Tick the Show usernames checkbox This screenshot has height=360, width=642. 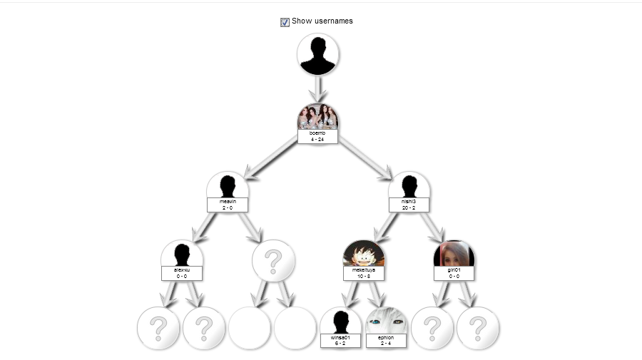tap(285, 22)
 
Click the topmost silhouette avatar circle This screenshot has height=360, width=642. tap(317, 54)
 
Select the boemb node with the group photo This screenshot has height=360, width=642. tap(317, 117)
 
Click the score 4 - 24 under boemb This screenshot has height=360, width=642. tap(317, 139)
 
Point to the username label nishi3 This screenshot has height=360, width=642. tap(409, 202)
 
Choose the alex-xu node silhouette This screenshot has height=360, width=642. tap(182, 254)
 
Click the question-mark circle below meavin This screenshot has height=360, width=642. tap(273, 262)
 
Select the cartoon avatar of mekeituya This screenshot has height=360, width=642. tap(364, 254)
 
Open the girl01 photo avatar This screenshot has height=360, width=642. tap(454, 254)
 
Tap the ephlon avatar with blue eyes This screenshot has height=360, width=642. tap(387, 321)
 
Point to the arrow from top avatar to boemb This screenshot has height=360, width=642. tap(317, 89)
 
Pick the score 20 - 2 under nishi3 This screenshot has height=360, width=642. tap(409, 207)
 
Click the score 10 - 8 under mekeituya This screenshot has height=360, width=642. tap(364, 276)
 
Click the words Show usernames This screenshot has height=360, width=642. tap(322, 21)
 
